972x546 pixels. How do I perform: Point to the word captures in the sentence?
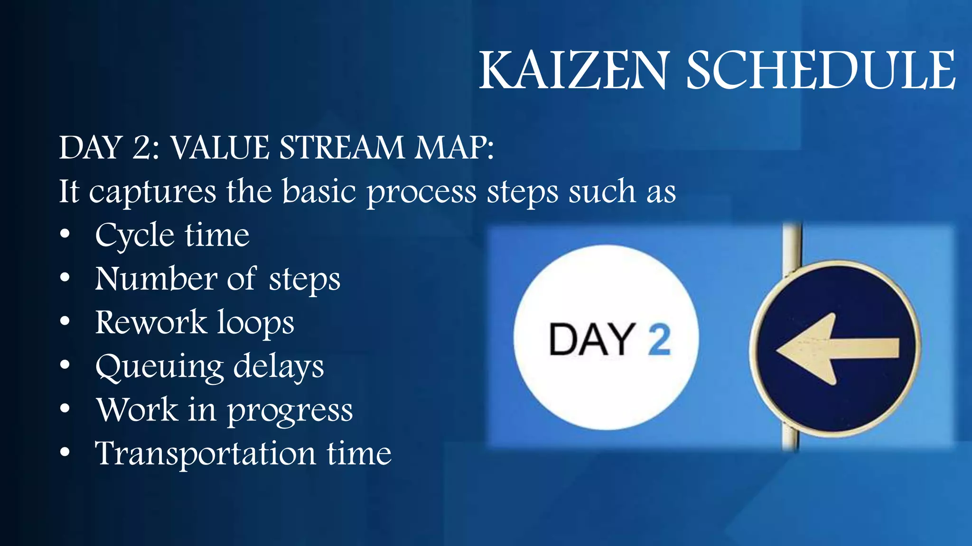152,192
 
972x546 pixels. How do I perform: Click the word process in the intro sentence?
421,192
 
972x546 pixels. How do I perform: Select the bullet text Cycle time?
172,236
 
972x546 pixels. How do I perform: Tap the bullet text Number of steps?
217,279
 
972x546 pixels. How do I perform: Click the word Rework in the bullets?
151,322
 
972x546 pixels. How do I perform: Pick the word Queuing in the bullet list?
159,367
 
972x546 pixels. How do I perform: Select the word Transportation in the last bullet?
205,454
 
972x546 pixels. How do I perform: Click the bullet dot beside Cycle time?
65,234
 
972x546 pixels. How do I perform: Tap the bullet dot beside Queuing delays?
65,364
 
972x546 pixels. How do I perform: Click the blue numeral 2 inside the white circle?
660,339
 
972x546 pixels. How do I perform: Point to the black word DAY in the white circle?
591,339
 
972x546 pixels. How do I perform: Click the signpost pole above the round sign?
792,246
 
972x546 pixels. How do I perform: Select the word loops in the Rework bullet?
256,323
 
